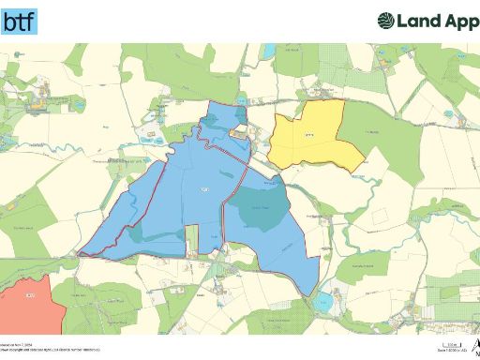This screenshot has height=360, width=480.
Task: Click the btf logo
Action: (20, 21)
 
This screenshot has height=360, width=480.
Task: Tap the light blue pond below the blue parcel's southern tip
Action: (324, 302)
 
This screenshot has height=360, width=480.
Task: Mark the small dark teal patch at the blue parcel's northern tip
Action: (222, 119)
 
